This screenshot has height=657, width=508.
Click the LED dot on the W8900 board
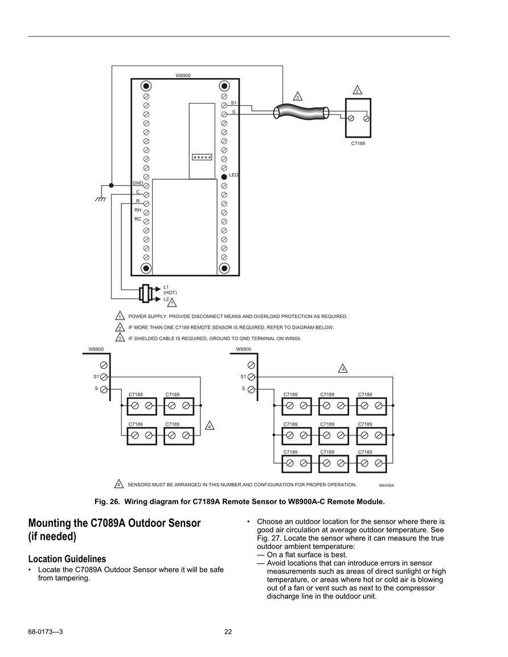click(224, 177)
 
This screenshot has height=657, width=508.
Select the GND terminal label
click(138, 183)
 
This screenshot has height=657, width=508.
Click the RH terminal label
click(138, 210)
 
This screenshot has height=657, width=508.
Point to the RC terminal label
click(138, 219)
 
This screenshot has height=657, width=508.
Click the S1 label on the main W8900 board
click(233, 102)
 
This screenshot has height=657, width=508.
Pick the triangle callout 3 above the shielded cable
click(297, 96)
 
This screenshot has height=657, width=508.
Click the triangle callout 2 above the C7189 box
click(357, 90)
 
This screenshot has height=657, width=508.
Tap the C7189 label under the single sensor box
click(358, 143)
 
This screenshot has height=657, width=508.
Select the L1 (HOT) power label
click(170, 290)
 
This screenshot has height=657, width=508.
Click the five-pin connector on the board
click(202, 157)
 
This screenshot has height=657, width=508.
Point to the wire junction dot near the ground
click(111, 185)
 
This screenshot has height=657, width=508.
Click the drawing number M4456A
click(386, 485)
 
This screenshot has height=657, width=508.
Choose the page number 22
click(228, 632)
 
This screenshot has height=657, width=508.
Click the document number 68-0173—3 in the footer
click(46, 632)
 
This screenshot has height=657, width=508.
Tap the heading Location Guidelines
click(67, 559)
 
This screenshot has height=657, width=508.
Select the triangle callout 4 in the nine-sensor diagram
click(343, 369)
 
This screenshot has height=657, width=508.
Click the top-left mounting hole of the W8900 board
click(146, 86)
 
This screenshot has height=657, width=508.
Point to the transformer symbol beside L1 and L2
click(146, 293)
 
